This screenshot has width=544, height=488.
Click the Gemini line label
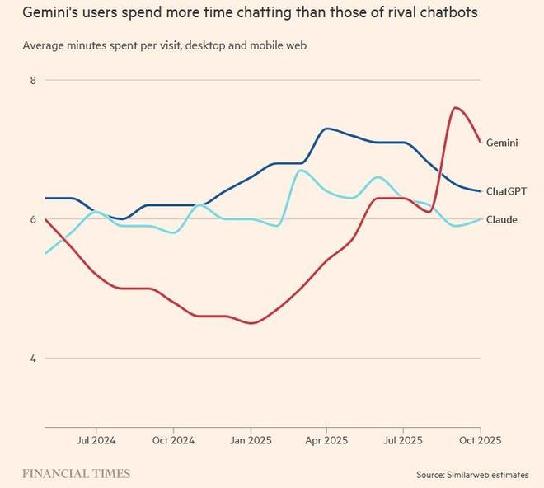(502, 143)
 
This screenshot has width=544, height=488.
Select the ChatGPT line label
(506, 191)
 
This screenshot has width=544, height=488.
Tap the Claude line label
(502, 219)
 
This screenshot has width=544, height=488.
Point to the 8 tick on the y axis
(33, 80)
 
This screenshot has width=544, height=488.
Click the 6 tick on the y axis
(33, 219)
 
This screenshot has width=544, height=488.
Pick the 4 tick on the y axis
(33, 358)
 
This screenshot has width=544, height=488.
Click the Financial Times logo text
(76, 474)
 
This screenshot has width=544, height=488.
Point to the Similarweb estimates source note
(474, 475)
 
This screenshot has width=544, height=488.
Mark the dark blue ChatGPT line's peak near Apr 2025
(327, 129)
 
